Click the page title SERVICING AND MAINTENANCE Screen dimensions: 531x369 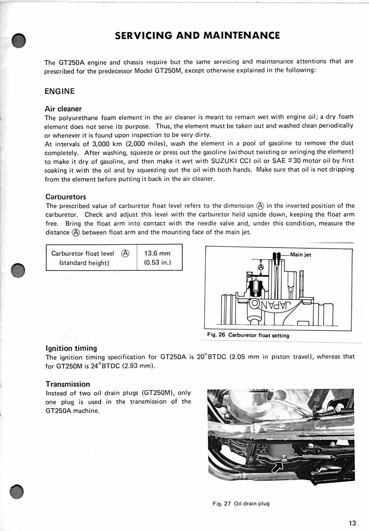(197, 36)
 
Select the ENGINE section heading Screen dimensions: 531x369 (60, 91)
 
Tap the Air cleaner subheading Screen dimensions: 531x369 (63, 109)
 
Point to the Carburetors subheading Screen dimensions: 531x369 (66, 197)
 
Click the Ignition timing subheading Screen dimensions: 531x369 (71, 348)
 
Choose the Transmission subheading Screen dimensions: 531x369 (68, 384)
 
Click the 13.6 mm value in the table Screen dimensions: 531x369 (157, 253)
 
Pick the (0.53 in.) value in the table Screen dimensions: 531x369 (157, 262)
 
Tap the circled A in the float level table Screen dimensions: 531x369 (125, 253)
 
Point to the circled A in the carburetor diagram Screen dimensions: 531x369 (261, 267)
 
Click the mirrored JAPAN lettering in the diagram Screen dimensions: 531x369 (275, 305)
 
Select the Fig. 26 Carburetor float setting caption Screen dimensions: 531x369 (248, 335)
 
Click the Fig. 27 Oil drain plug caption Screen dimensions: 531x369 (241, 504)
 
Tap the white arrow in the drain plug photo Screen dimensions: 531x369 (277, 467)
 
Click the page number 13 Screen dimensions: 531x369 (352, 523)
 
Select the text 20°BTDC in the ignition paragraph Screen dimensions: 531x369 (211, 357)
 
